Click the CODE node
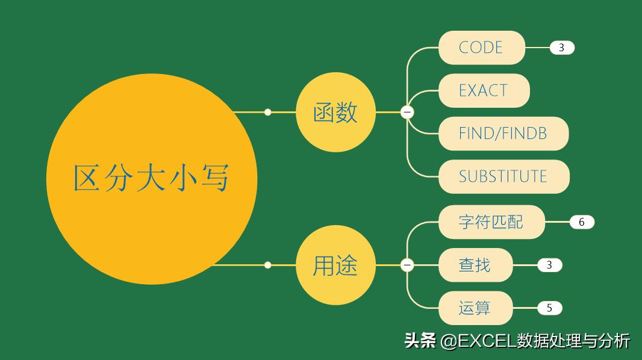(481, 48)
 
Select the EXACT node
(484, 91)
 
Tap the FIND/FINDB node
(503, 134)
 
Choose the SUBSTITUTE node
(503, 176)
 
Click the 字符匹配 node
(491, 222)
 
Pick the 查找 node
(475, 265)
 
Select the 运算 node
(475, 308)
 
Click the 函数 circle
(335, 112)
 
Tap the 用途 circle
(335, 265)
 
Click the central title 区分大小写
(151, 179)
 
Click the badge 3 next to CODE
(562, 48)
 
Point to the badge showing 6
(582, 222)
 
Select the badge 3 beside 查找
(549, 265)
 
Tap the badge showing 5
(549, 308)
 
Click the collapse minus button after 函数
(407, 112)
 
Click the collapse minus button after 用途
(407, 265)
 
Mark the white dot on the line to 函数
(268, 112)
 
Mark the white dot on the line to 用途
(268, 265)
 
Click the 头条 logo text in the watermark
(420, 341)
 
